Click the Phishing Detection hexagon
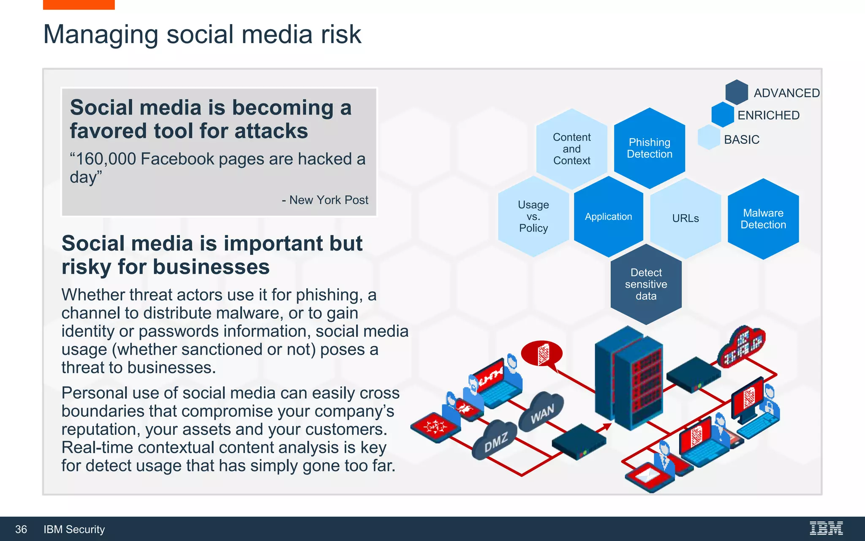pyautogui.click(x=649, y=148)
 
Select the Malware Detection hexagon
pyautogui.click(x=763, y=219)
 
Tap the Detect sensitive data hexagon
pyautogui.click(x=646, y=284)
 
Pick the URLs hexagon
pyautogui.click(x=685, y=218)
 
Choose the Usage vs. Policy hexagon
pyautogui.click(x=533, y=216)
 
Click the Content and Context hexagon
pyautogui.click(x=571, y=149)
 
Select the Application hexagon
pyautogui.click(x=608, y=216)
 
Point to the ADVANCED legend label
pyautogui.click(x=786, y=93)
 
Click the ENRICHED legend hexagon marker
pyautogui.click(x=723, y=115)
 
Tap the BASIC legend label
pyautogui.click(x=741, y=139)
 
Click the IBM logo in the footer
pyautogui.click(x=826, y=528)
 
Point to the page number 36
pyautogui.click(x=21, y=529)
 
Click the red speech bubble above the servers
pyautogui.click(x=542, y=353)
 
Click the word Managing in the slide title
pyautogui.click(x=101, y=35)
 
